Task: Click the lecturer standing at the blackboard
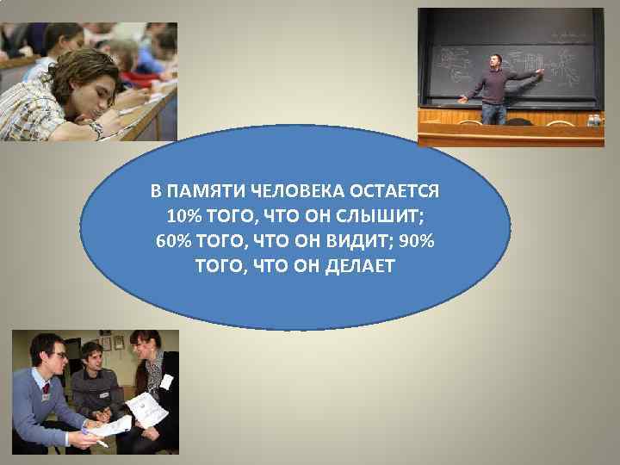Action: pos(495,86)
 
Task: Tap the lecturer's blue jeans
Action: pos(493,113)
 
